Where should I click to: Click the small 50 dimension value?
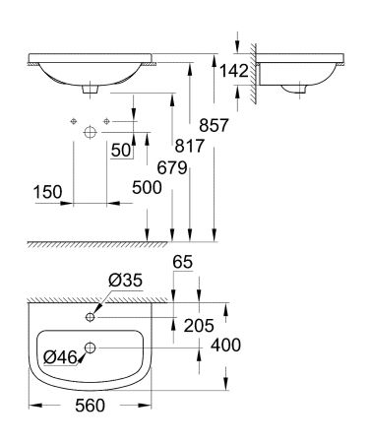pos(120,151)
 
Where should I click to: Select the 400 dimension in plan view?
pos(225,346)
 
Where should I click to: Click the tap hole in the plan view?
pos(91,317)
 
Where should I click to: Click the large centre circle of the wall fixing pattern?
pos(91,130)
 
